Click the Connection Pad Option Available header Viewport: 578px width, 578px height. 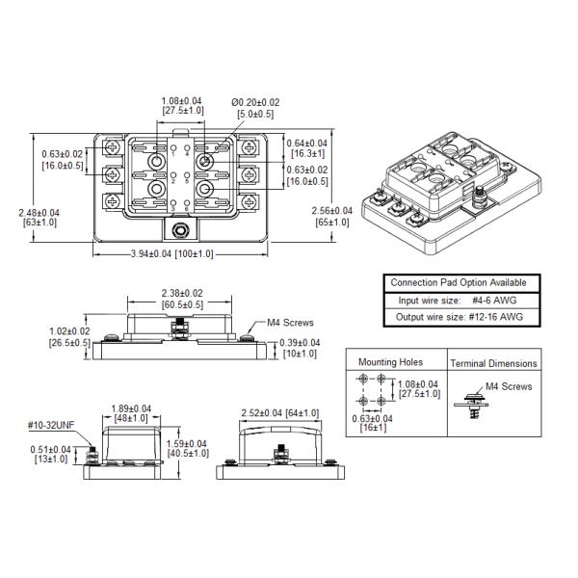point(458,282)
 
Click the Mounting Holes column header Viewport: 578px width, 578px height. point(390,362)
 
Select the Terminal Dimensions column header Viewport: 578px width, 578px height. point(494,363)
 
